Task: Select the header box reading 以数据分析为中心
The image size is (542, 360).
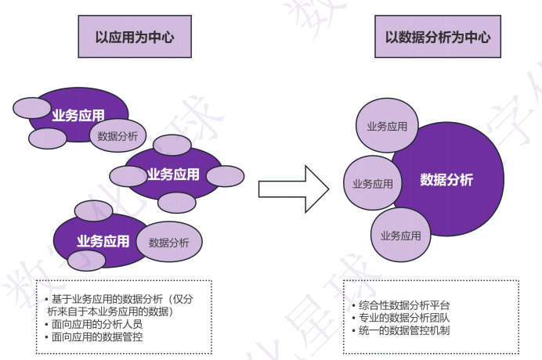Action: pyautogui.click(x=438, y=36)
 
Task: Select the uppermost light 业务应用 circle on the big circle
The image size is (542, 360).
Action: pyautogui.click(x=382, y=126)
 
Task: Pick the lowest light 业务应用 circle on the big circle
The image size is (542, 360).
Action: pyautogui.click(x=400, y=235)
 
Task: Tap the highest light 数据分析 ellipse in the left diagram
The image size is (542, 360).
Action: pyautogui.click(x=117, y=136)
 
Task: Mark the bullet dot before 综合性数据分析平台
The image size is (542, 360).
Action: pyautogui.click(x=354, y=305)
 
